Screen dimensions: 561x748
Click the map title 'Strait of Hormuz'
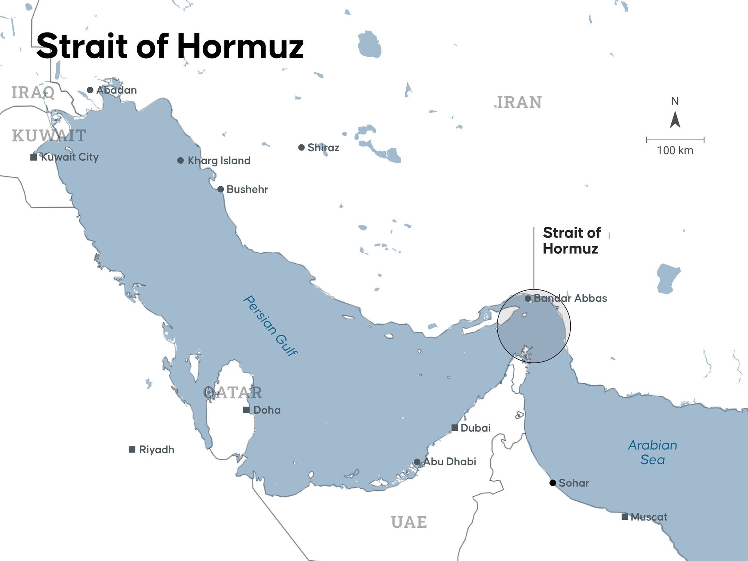click(170, 46)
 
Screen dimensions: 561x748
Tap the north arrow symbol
click(675, 120)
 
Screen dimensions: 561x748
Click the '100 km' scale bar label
click(675, 150)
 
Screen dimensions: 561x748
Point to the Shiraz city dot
click(301, 147)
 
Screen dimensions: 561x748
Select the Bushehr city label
click(247, 189)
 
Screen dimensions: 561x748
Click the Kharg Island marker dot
click(180, 160)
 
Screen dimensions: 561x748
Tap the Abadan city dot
click(90, 90)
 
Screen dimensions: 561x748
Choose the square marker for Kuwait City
click(34, 157)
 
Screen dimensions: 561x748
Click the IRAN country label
click(519, 102)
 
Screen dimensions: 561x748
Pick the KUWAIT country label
click(49, 135)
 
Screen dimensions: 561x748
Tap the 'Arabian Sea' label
click(653, 452)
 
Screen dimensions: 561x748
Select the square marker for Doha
click(246, 410)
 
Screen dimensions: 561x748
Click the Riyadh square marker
click(132, 449)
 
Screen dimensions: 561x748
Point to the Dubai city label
click(475, 428)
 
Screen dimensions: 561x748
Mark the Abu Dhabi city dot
click(417, 462)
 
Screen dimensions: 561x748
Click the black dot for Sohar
click(552, 483)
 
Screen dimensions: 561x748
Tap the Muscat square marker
click(625, 517)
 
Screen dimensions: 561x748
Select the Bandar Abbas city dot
click(528, 298)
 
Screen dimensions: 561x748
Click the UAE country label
click(409, 522)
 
